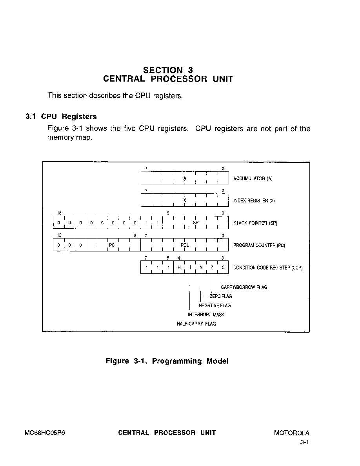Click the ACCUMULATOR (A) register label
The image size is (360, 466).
(x=253, y=178)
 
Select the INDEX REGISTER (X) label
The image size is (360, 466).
(x=254, y=200)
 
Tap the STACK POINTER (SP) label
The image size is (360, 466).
(x=255, y=223)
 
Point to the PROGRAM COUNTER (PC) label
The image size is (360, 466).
(x=259, y=245)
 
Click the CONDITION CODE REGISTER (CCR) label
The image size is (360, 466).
(x=268, y=268)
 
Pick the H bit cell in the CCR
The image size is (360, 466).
(x=179, y=268)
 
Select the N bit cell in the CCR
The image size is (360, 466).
(x=201, y=268)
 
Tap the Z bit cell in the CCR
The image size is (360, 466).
(x=212, y=268)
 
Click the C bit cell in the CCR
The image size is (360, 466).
(x=223, y=268)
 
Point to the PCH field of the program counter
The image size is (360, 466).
(x=113, y=245)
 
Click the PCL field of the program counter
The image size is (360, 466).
(x=185, y=245)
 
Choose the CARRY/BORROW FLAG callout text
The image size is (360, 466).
(x=244, y=288)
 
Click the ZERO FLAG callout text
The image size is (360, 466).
(x=221, y=296)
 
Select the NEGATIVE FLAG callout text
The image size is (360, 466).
(x=215, y=306)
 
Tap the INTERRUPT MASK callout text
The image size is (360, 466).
(x=206, y=315)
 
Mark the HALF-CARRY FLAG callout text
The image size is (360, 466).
(x=196, y=324)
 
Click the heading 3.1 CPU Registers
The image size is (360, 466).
(x=61, y=116)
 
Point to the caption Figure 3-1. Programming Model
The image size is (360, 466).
(x=167, y=361)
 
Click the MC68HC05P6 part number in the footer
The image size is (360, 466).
(x=45, y=433)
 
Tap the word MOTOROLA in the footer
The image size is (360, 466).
(x=292, y=433)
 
